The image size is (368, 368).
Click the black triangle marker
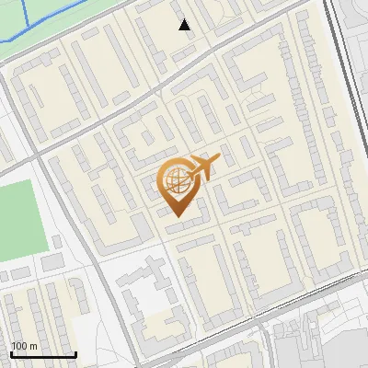pos(185,25)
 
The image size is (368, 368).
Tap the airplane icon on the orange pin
pos(203,168)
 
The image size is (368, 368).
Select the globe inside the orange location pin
pos(175,182)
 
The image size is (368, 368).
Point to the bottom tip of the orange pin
pos(176,217)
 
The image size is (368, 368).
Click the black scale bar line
pos(43,355)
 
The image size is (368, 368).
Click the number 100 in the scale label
pos(19,346)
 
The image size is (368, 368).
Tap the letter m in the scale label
pos(33,346)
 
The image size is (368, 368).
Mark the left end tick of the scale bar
pos(12,353)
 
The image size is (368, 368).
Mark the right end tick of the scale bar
pos(75,353)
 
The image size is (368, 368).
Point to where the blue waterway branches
pos(29,20)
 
